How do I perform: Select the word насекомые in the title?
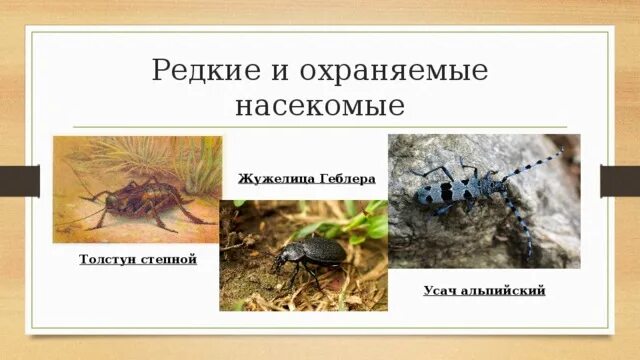tap(319, 105)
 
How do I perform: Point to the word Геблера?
tap(346, 180)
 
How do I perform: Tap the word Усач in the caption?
tap(442, 290)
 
